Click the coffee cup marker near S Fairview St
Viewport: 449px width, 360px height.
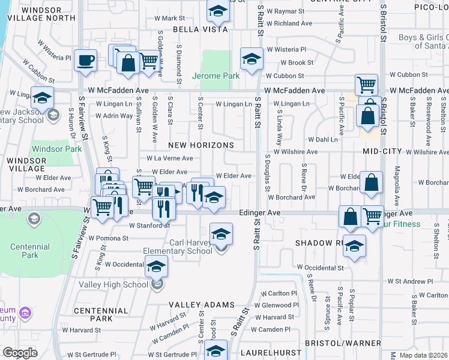coord(86,60)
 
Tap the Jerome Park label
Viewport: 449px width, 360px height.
coord(215,76)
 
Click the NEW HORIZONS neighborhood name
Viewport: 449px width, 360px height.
coord(200,145)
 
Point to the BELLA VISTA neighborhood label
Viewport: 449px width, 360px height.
coord(200,29)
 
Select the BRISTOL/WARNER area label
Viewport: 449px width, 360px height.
coord(345,343)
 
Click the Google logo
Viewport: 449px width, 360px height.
coord(20,353)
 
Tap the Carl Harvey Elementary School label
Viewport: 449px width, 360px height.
coord(178,247)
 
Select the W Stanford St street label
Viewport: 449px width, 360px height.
coord(149,226)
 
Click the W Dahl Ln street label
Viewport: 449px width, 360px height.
coord(326,139)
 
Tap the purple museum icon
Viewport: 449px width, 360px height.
coord(25,313)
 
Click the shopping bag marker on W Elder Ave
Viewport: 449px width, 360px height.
coord(372,184)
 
